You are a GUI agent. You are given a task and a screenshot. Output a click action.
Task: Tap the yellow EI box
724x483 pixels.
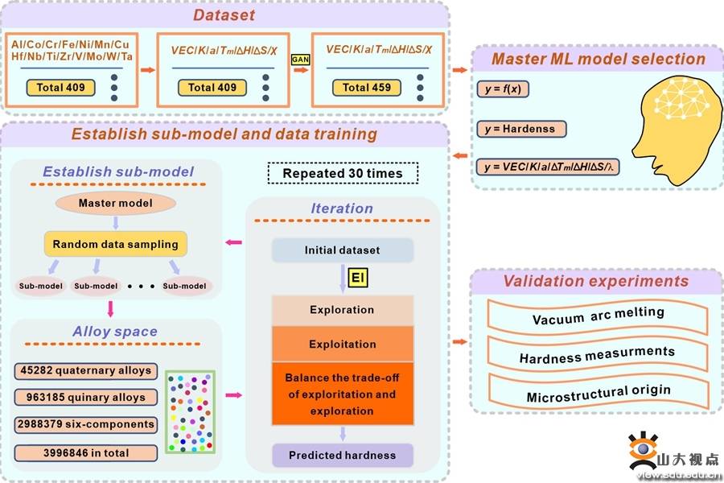click(x=357, y=278)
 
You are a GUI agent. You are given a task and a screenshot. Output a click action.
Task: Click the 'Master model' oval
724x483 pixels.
click(x=115, y=203)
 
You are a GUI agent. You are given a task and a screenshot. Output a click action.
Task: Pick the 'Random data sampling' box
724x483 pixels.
click(x=115, y=244)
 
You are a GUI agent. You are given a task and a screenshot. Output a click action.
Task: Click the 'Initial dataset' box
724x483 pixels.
click(x=342, y=250)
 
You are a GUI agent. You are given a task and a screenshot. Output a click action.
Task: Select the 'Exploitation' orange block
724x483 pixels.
click(x=342, y=344)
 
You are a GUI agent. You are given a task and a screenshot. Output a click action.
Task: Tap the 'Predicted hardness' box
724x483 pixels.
click(x=342, y=455)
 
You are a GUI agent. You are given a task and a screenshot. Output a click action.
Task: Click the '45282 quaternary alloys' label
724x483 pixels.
click(x=84, y=371)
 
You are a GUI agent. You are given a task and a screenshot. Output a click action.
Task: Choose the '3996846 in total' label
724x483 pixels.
click(x=84, y=453)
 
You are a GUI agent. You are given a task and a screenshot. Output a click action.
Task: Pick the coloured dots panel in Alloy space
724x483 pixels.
click(x=190, y=411)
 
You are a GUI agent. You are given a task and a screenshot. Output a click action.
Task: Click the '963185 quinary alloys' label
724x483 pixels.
click(x=84, y=398)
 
